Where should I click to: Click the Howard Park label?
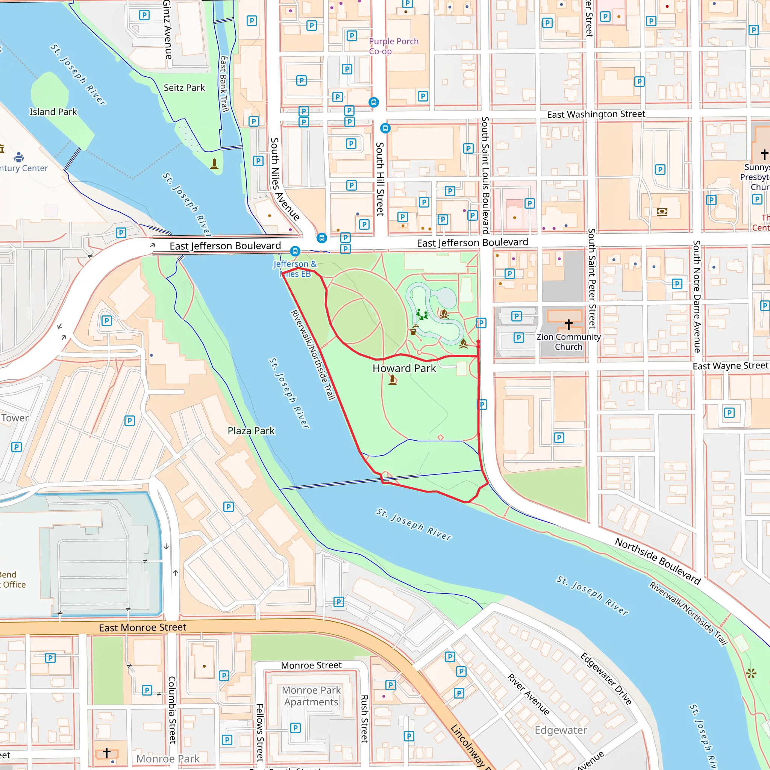404,368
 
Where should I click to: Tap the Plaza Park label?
251,431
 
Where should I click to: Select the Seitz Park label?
184,88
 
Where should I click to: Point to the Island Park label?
53,112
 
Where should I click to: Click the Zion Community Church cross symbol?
569,324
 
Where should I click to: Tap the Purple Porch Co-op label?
393,46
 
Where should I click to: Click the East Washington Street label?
596,114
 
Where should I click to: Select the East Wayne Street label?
730,366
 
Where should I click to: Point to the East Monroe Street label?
142,628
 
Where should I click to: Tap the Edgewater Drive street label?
606,679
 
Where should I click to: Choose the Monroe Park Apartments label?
311,696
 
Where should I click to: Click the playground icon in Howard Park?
422,315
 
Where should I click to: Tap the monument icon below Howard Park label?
393,380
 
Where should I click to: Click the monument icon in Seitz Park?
214,164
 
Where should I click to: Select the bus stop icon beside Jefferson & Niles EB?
295,251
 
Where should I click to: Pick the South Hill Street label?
380,179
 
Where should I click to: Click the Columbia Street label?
172,710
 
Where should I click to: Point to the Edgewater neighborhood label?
561,730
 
